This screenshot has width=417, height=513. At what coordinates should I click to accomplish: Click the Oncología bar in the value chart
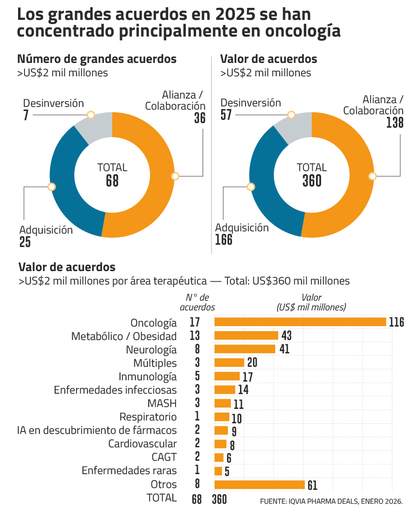tap(300, 321)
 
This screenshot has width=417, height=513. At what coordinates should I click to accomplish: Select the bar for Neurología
tap(245, 349)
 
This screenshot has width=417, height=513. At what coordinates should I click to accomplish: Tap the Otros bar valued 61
tap(259, 484)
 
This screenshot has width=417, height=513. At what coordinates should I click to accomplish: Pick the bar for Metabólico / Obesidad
tap(246, 335)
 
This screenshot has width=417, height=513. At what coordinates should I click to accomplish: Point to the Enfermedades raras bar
tap(219, 471)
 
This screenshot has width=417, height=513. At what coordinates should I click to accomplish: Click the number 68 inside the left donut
tap(112, 181)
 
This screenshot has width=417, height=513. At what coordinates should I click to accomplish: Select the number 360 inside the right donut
tap(312, 181)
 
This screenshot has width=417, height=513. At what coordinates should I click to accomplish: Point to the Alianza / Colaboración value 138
tap(395, 123)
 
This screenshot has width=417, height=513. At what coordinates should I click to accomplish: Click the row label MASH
tap(162, 403)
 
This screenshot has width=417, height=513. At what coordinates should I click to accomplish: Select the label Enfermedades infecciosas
tap(115, 390)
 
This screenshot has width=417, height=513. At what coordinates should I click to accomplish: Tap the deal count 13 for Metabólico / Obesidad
tap(195, 336)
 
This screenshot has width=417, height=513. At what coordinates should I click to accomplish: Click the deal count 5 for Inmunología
tap(197, 376)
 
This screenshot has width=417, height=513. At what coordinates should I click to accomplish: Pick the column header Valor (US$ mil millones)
tap(311, 303)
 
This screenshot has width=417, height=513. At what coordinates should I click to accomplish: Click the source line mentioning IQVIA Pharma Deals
tap(331, 501)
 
